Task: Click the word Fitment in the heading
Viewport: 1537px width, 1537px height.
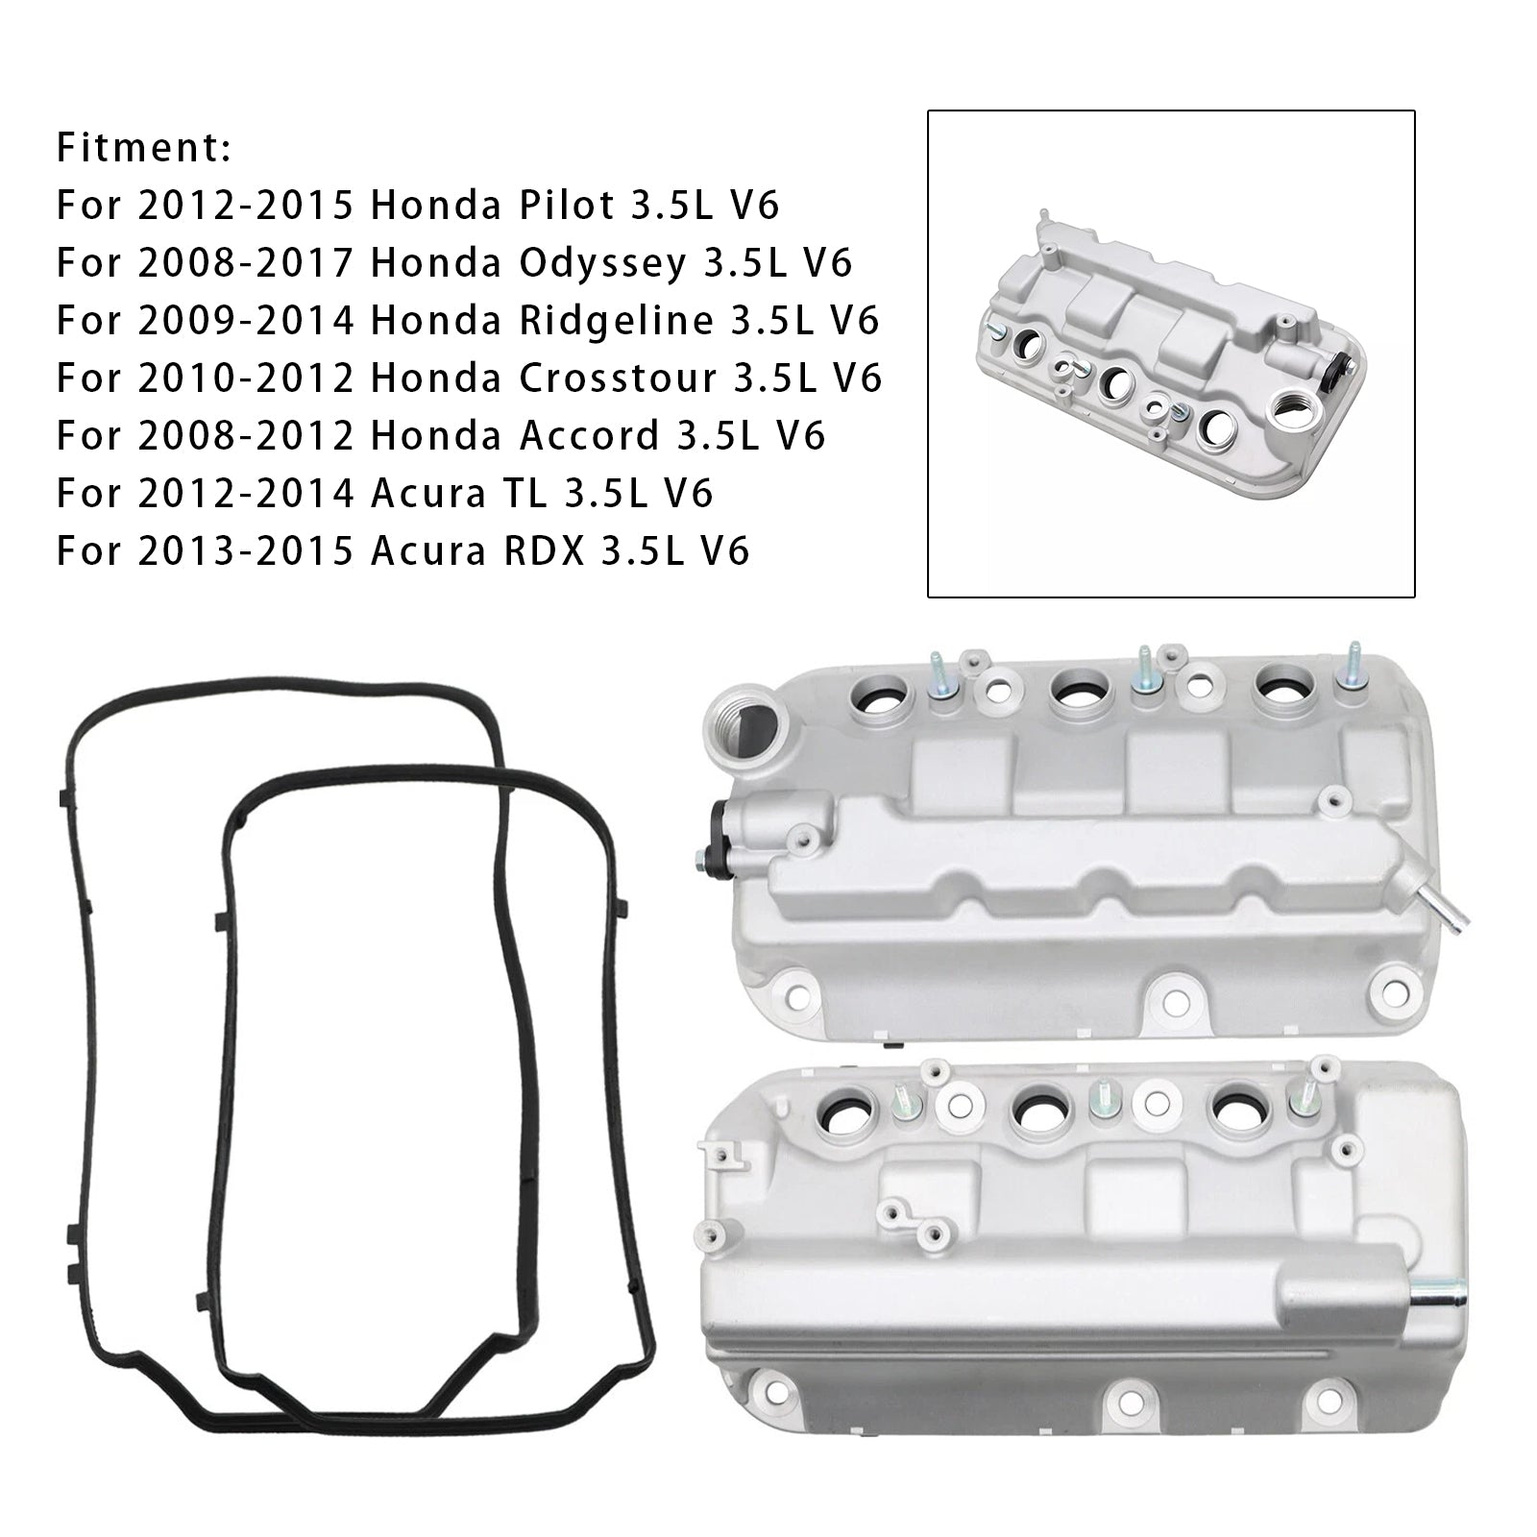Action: [x=139, y=148]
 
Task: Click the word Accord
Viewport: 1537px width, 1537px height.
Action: [x=589, y=436]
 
